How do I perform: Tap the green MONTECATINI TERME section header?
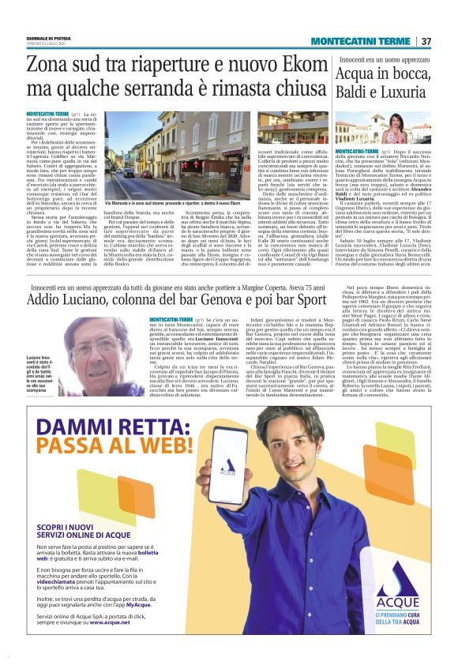360,41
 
